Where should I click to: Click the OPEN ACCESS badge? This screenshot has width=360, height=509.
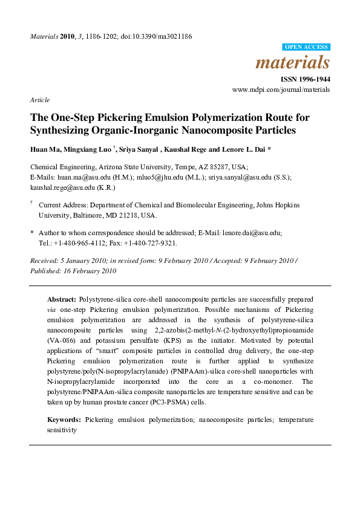pos(306,47)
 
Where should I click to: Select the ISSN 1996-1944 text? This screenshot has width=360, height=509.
pos(305,79)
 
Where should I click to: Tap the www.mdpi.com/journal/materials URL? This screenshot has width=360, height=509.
pos(281,89)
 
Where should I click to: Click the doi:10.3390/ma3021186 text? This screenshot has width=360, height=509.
pos(161,36)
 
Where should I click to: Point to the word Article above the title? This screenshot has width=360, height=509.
pos(40,100)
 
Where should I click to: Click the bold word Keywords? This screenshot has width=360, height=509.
pos(65,419)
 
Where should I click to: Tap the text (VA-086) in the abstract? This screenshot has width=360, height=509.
pos(62,342)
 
